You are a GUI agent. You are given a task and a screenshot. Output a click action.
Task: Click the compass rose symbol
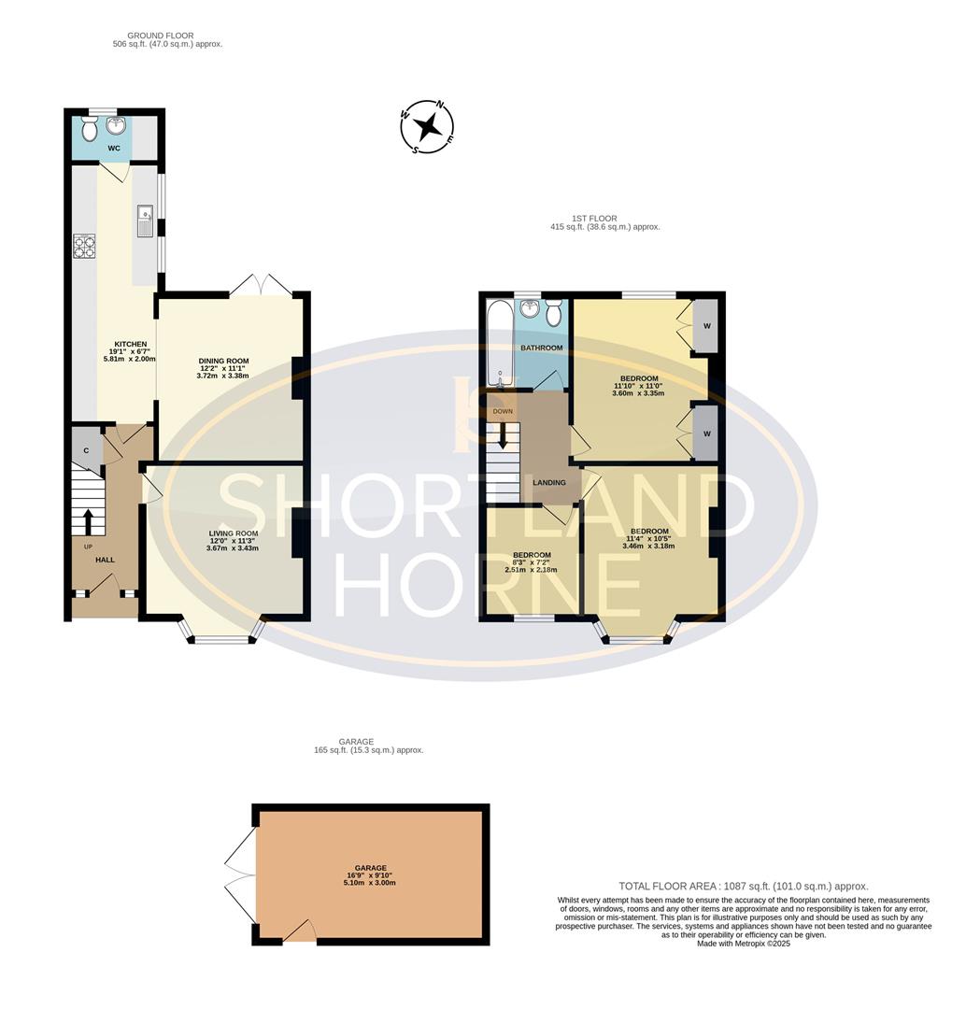427,126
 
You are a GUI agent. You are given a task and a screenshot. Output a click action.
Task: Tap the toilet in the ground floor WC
90,127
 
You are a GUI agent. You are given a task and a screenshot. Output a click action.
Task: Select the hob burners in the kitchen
84,246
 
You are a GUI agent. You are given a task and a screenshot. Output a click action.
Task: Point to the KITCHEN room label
131,344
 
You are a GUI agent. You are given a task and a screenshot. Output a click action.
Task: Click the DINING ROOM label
224,360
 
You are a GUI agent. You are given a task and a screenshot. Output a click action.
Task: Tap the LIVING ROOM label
233,533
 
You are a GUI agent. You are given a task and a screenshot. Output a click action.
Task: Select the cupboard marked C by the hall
86,450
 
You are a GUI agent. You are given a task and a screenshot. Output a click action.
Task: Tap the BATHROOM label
542,348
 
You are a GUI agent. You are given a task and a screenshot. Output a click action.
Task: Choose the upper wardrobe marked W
705,325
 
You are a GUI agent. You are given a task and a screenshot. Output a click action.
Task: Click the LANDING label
548,482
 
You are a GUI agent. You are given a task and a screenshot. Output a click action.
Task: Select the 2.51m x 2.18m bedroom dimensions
531,569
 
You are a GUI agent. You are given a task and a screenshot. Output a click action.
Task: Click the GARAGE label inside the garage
371,867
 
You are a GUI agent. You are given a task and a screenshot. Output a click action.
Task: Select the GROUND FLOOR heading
161,36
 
